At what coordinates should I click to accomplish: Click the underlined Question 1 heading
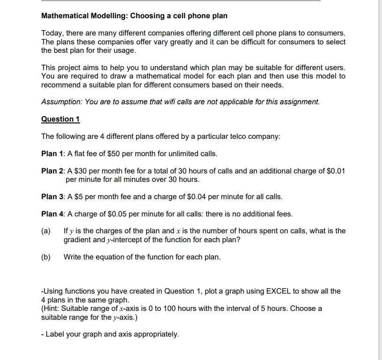pos(60,119)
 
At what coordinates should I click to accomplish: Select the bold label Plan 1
pos(53,153)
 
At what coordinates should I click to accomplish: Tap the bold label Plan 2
pos(53,171)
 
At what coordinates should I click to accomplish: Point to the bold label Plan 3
pos(53,196)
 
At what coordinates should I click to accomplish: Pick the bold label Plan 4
pos(53,214)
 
